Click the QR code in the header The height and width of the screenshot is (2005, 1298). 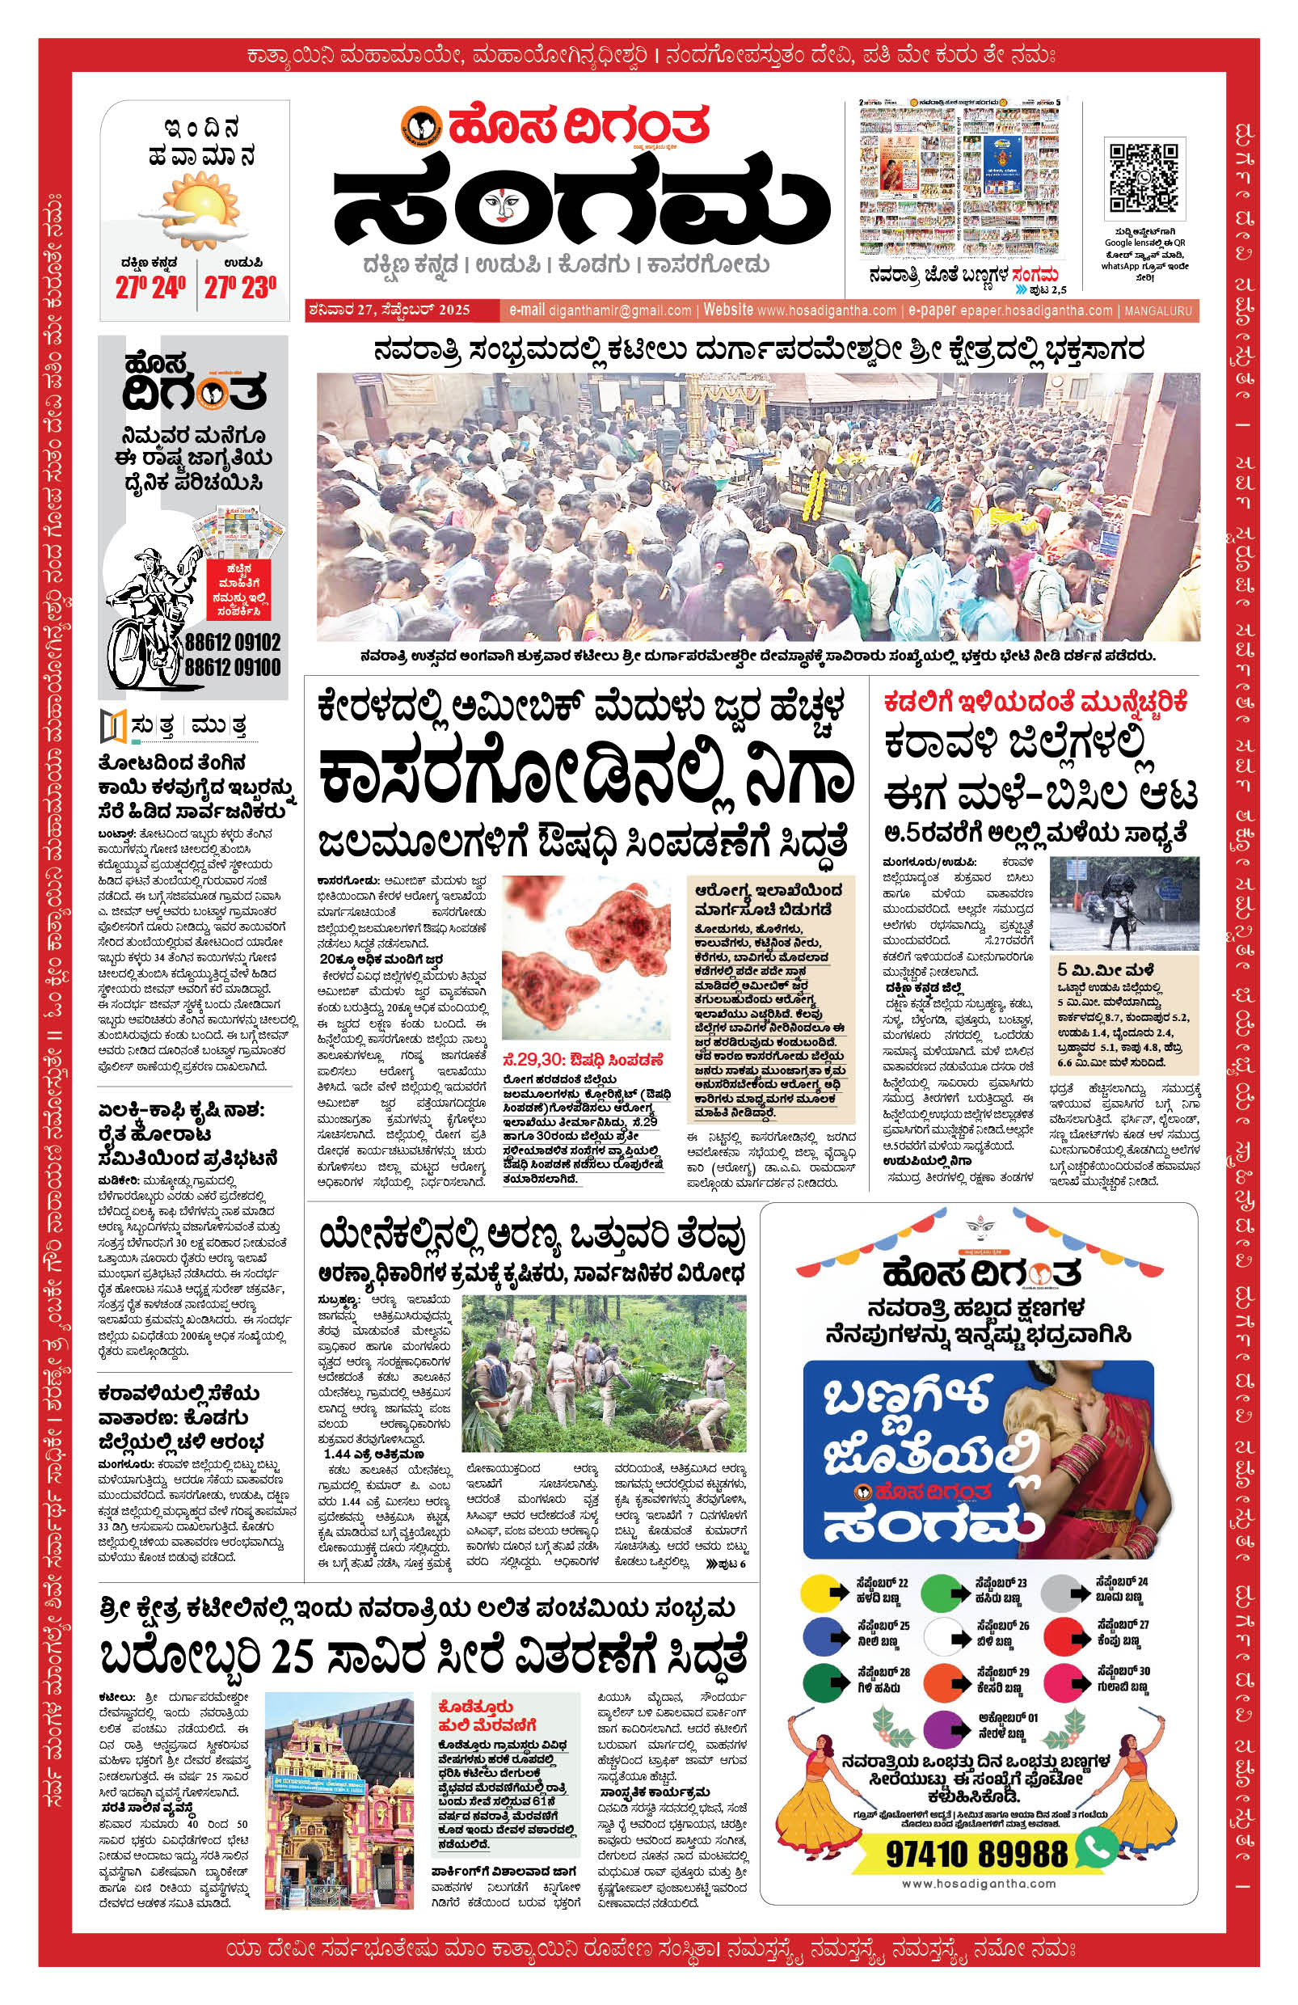point(1142,178)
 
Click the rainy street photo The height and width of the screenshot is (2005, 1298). point(1123,902)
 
